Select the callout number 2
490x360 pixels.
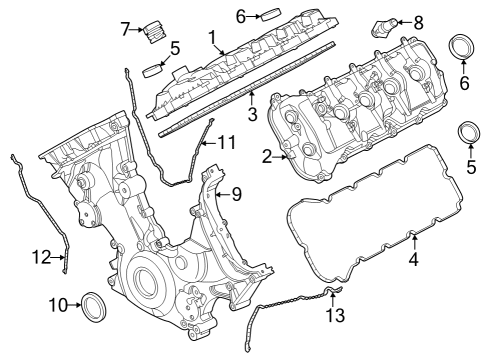coord(266,155)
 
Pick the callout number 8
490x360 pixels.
coord(418,20)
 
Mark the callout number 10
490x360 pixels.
coord(57,304)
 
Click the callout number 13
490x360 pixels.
coord(337,315)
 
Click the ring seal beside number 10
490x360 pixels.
coord(93,303)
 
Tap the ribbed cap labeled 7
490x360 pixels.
coord(153,30)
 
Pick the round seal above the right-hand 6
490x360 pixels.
coord(464,50)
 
